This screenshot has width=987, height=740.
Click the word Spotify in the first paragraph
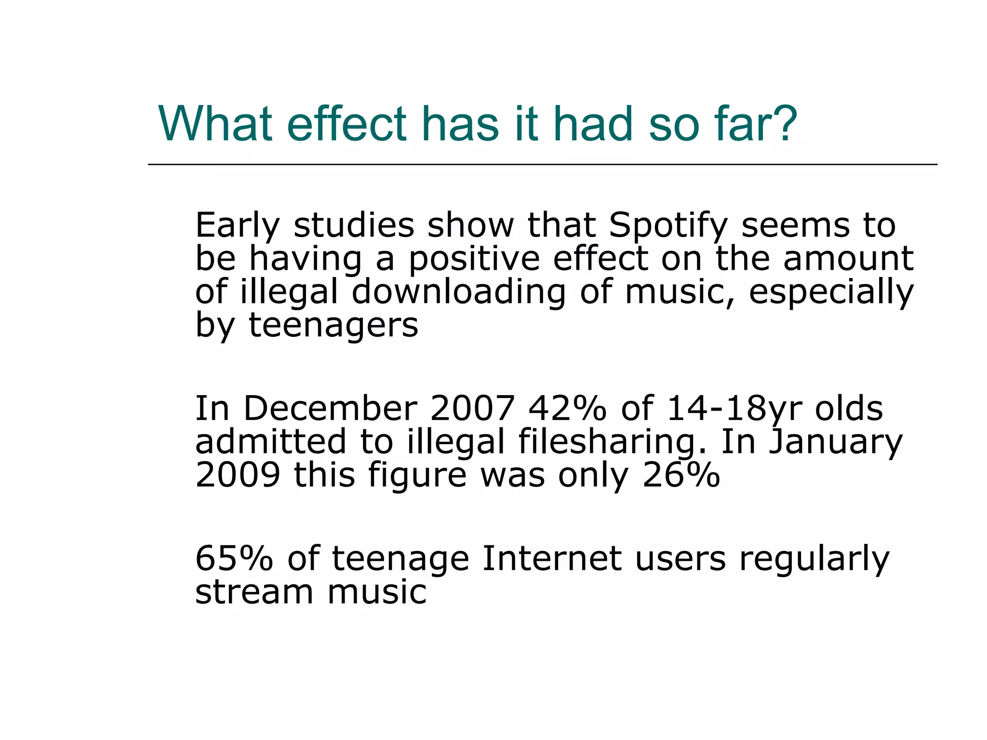(x=668, y=226)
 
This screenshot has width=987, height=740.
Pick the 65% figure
(x=234, y=559)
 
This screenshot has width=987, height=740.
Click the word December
(x=330, y=409)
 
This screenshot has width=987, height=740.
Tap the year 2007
(x=472, y=409)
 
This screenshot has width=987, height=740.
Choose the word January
(x=835, y=442)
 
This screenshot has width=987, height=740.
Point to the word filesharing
(x=612, y=442)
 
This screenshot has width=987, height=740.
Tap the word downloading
(x=458, y=292)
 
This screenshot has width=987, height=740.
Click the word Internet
(x=551, y=559)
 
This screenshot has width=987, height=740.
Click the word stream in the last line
(x=254, y=592)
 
